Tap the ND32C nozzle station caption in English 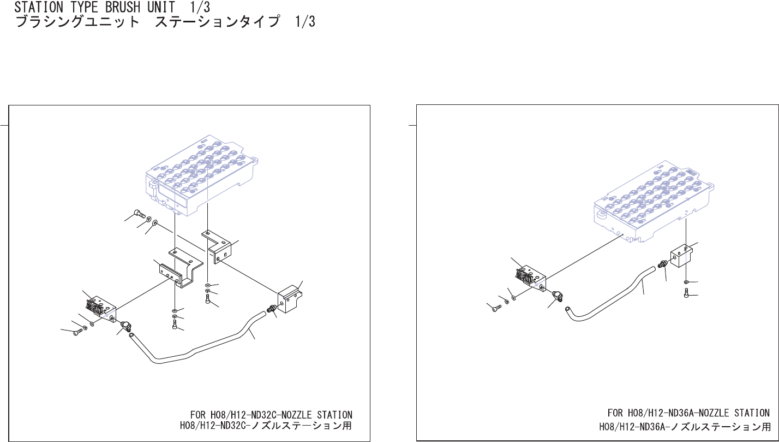click(x=271, y=415)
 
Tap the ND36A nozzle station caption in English click(x=688, y=412)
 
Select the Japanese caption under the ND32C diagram click(x=266, y=425)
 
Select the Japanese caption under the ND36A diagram click(x=685, y=426)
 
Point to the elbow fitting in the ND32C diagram click(x=125, y=328)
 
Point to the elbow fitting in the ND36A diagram click(x=557, y=296)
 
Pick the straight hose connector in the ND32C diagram click(x=271, y=310)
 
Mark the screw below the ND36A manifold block click(x=686, y=294)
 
